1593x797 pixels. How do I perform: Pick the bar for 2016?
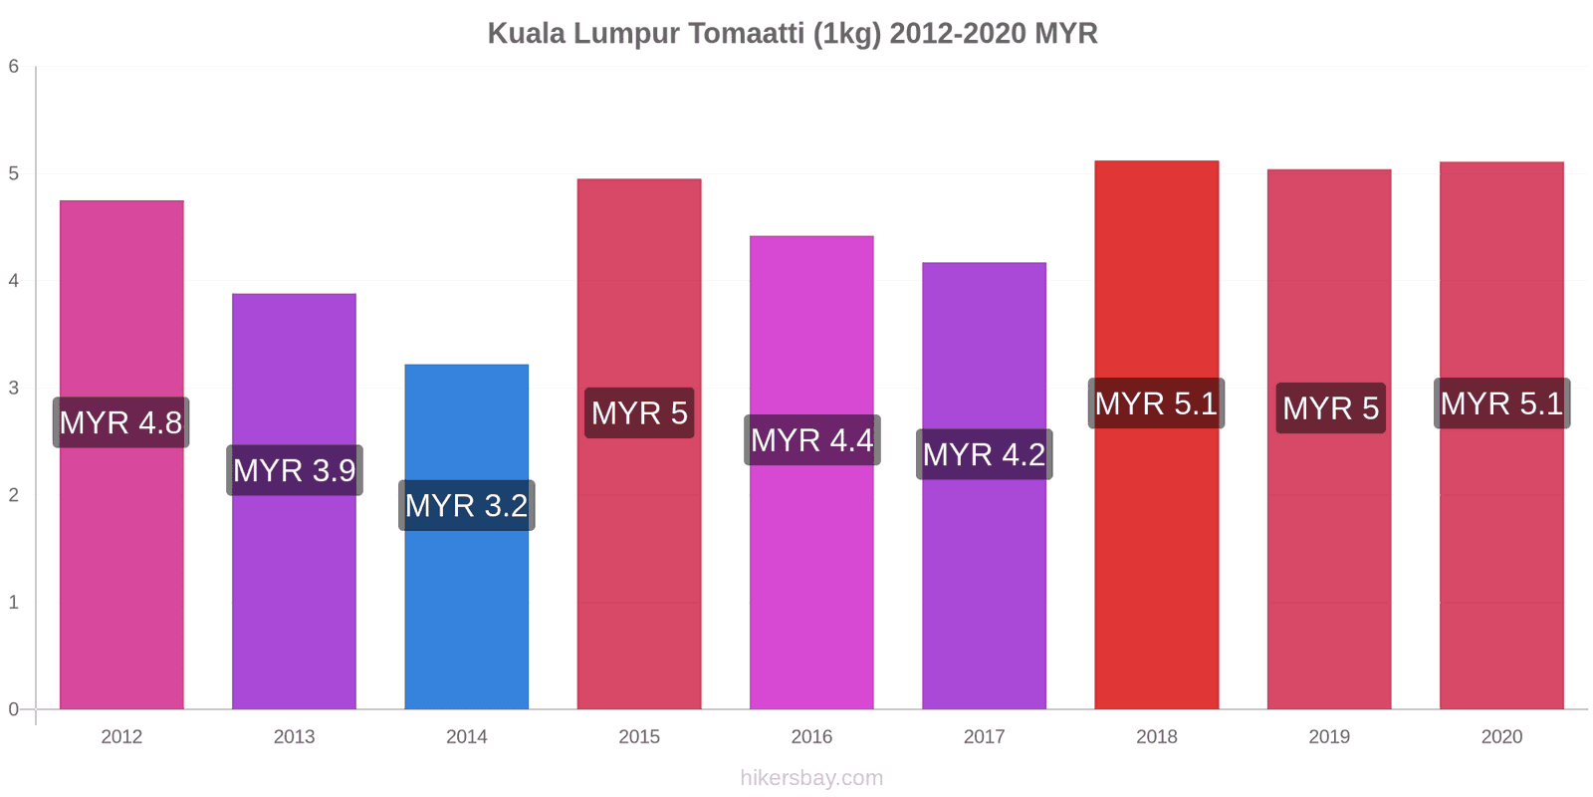(811, 578)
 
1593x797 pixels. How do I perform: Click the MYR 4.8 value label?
(120, 422)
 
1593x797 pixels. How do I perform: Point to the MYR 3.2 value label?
(466, 505)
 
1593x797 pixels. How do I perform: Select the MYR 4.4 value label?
(811, 439)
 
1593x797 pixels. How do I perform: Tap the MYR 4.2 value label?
(984, 454)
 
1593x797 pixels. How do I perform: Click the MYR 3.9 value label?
(294, 470)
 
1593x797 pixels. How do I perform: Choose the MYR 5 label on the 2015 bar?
(639, 412)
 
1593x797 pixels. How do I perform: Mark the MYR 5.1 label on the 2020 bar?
(1501, 403)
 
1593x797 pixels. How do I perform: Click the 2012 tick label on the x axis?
(121, 737)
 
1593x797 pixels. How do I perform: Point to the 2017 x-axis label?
(984, 737)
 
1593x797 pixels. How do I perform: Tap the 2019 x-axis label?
(1329, 737)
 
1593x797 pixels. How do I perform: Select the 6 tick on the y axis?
(14, 67)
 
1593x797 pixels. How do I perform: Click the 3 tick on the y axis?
(14, 389)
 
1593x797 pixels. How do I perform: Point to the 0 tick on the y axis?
(14, 709)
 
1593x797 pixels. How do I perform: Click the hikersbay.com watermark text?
(811, 778)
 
